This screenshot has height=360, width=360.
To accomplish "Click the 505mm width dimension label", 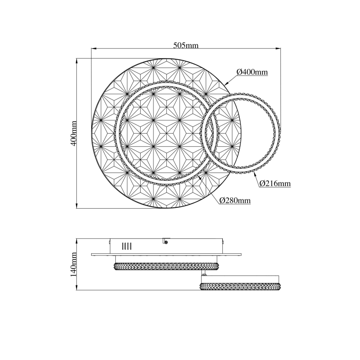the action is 186,45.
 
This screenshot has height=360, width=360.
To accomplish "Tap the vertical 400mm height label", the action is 74,134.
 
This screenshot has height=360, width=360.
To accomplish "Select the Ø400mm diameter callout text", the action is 252,72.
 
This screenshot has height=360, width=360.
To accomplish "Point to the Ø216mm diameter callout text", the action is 275,183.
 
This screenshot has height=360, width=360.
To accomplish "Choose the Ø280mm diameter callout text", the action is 235,201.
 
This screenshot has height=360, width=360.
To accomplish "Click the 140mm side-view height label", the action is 74,264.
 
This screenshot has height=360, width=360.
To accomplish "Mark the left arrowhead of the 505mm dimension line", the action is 94,49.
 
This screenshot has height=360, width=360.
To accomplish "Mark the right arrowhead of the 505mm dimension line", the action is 278,49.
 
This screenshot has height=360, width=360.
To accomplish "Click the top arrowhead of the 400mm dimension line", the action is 76,61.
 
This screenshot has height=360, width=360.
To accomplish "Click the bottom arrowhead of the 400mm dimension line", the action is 76,206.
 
